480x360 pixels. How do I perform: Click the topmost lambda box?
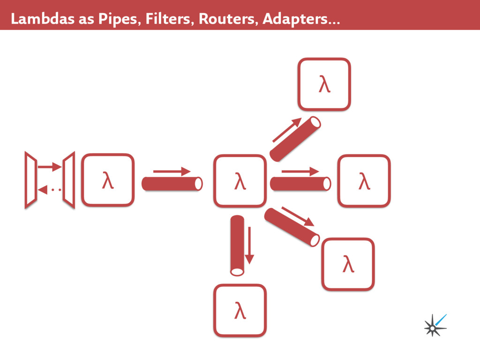point(324,84)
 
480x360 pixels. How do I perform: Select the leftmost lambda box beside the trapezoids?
point(108,180)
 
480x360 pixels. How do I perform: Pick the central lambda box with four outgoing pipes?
point(240,180)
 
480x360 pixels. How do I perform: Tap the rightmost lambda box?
point(364,180)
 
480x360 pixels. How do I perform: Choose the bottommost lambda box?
point(240,310)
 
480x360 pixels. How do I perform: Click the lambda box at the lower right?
point(348,264)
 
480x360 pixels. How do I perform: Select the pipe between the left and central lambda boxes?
point(172,184)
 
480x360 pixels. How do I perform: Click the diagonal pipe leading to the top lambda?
point(295,139)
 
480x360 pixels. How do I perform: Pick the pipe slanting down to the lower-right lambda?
point(292,227)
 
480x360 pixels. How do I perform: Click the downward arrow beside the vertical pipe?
point(249,245)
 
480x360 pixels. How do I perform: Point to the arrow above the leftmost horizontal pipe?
point(172,172)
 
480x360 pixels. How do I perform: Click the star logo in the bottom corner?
point(435,325)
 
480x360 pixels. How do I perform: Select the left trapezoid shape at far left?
point(31,180)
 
